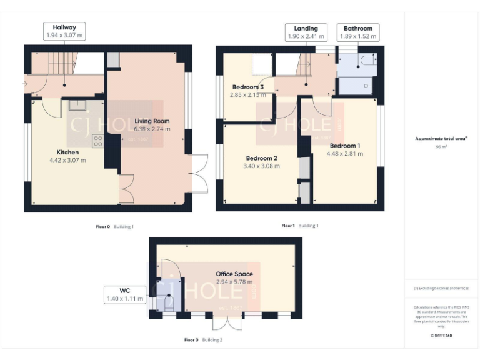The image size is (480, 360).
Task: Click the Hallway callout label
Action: (x=64, y=32)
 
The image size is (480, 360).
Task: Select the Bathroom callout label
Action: (x=357, y=32)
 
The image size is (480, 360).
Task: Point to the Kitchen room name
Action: (x=67, y=152)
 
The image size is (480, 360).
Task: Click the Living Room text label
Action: (x=152, y=121)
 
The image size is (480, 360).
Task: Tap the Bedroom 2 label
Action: (x=261, y=158)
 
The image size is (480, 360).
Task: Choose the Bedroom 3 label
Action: (x=248, y=87)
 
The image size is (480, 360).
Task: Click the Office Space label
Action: (x=234, y=274)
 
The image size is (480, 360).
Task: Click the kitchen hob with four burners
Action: (x=98, y=141)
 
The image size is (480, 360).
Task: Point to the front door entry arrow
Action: (x=25, y=83)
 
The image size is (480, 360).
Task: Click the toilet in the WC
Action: (x=167, y=301)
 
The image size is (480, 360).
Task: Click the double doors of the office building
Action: (x=226, y=322)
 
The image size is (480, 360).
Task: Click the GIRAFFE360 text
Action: (x=441, y=336)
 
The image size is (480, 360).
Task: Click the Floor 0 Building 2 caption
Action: (x=202, y=340)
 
